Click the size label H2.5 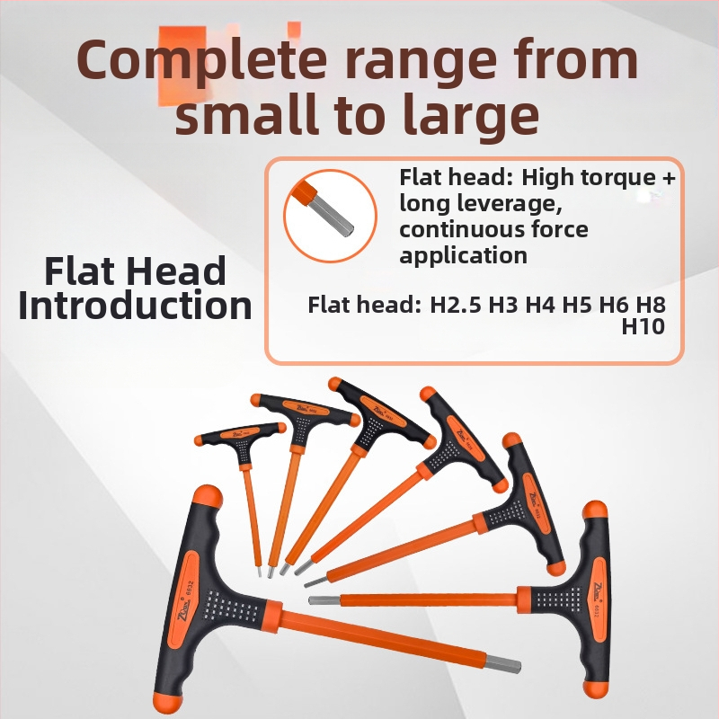point(456,305)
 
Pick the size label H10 point(643,326)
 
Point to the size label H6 point(616,305)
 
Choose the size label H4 point(540,305)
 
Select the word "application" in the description point(463,255)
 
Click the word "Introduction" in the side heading point(136,306)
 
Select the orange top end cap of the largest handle point(208,497)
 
